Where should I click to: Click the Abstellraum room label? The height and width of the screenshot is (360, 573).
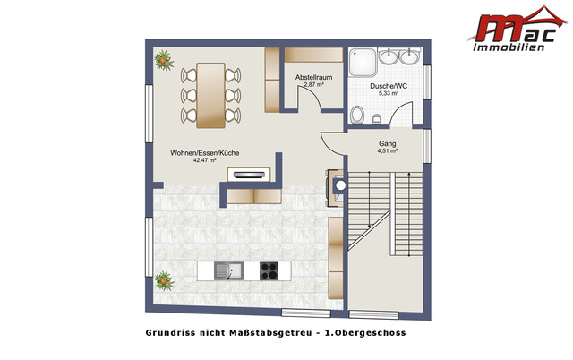[313, 78]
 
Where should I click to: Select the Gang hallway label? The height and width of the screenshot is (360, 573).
[388, 143]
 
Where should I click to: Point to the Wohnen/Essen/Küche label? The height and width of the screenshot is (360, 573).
[205, 153]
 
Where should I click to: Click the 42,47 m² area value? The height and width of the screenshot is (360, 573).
[205, 162]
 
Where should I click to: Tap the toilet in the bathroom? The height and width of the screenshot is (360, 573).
[358, 115]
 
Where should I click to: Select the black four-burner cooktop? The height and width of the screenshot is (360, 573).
[270, 270]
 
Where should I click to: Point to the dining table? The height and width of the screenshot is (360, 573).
[210, 94]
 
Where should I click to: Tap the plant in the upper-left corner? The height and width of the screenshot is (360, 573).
[164, 61]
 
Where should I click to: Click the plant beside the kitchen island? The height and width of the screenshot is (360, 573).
[162, 280]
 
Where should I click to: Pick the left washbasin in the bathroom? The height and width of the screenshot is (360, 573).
[390, 58]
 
